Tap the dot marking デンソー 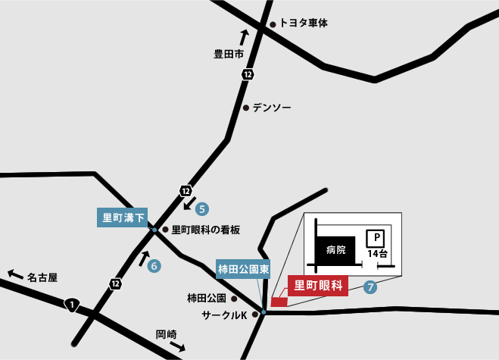pyautogui.click(x=246, y=108)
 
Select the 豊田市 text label pyautogui.click(x=229, y=54)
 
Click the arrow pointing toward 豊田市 pyautogui.click(x=244, y=37)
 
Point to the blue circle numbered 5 pyautogui.click(x=201, y=208)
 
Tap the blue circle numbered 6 pyautogui.click(x=154, y=266)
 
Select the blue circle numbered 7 pyautogui.click(x=370, y=287)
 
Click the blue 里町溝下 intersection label pyautogui.click(x=124, y=218)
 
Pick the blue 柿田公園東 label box pyautogui.click(x=244, y=268)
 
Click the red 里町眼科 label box pyautogui.click(x=318, y=286)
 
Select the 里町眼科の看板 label pyautogui.click(x=205, y=230)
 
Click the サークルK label pyautogui.click(x=224, y=314)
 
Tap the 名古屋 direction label pyautogui.click(x=42, y=277)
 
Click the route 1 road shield pyautogui.click(x=72, y=305)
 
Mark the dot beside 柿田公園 pyautogui.click(x=244, y=298)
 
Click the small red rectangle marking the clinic pyautogui.click(x=279, y=302)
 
